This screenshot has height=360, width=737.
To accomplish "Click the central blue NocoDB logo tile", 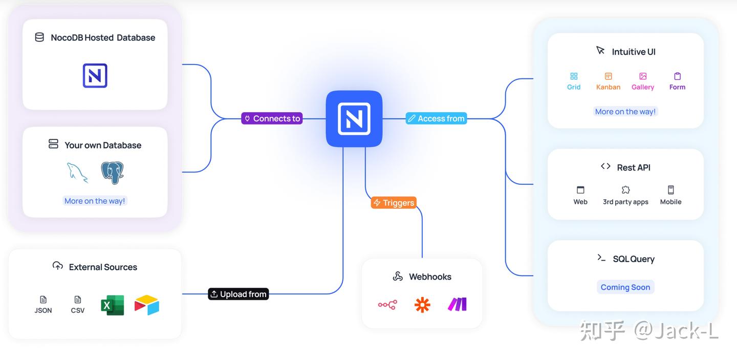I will (354, 119).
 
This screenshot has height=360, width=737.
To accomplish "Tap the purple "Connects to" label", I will (272, 118).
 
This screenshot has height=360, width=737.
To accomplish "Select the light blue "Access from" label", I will (436, 118).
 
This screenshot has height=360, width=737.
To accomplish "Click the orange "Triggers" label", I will (394, 203).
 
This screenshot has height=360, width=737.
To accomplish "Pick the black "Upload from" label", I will (239, 294).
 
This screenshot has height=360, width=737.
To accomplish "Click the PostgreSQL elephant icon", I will (113, 173).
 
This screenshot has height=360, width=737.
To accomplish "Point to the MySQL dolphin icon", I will (77, 173).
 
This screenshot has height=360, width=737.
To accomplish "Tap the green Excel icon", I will (113, 305).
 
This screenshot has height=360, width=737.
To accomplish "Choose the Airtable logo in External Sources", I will (147, 305).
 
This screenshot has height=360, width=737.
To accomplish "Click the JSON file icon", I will (44, 300).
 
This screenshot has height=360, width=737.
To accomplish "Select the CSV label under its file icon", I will (78, 310).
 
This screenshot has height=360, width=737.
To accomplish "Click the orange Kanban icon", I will (609, 76).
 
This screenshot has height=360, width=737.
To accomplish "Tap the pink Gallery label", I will (643, 87).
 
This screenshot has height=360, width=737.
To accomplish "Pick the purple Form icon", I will (677, 76).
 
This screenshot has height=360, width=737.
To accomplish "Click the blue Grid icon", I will (574, 76).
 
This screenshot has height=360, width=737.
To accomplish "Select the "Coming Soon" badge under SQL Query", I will (625, 287).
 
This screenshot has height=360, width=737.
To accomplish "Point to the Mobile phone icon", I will (670, 190).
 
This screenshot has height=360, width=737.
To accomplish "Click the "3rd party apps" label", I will (625, 202).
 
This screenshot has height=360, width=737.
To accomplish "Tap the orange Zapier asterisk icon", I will (422, 305).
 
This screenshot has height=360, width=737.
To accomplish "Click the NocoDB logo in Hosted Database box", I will (95, 76).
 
